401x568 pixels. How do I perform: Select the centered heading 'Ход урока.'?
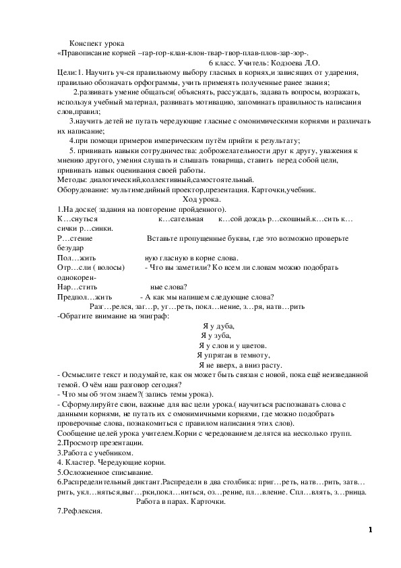206,200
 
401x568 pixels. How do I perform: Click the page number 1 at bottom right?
370,530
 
